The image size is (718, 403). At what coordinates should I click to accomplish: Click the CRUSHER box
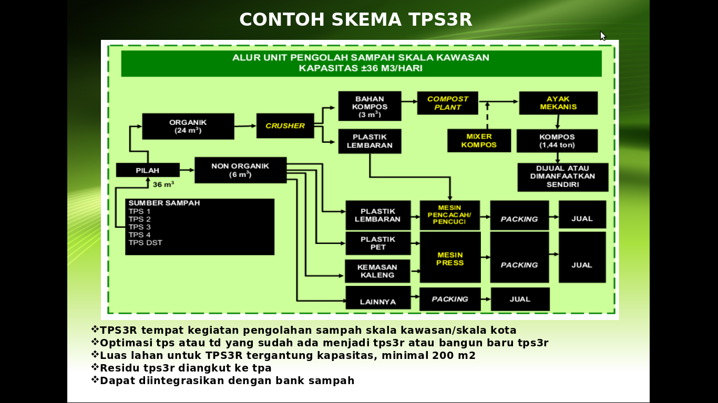coord(285,126)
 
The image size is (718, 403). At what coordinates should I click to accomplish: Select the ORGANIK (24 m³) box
coord(188,126)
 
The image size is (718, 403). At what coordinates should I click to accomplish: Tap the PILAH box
coord(148,170)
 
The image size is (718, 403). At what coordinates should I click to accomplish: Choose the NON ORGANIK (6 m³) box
coord(240,170)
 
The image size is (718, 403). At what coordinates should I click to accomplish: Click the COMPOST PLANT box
coord(447,103)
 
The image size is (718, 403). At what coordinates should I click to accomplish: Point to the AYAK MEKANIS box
coord(558,103)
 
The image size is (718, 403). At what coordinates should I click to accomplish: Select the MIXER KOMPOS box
coord(479,141)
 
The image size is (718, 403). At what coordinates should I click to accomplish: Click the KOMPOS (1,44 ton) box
coord(557,141)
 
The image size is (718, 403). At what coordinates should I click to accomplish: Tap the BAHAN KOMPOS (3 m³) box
coord(370,106)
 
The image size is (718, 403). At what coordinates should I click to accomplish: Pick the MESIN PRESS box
coord(450,258)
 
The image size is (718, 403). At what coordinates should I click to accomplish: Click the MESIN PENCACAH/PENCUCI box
coord(449,215)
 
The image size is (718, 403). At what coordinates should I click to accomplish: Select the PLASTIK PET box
coord(378,243)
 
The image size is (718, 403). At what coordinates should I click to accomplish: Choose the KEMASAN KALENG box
coord(377,271)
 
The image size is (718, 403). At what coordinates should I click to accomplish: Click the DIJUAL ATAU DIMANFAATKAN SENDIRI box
coord(562,177)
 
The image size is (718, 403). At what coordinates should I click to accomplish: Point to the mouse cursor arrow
coord(603,36)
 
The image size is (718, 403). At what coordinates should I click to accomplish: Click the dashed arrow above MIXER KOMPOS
coord(487,115)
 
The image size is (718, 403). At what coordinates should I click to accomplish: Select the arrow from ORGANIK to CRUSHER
coord(245,126)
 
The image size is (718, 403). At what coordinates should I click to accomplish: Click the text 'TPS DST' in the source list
coord(145,243)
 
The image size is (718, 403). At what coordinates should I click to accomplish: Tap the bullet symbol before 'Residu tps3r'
coord(95,367)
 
